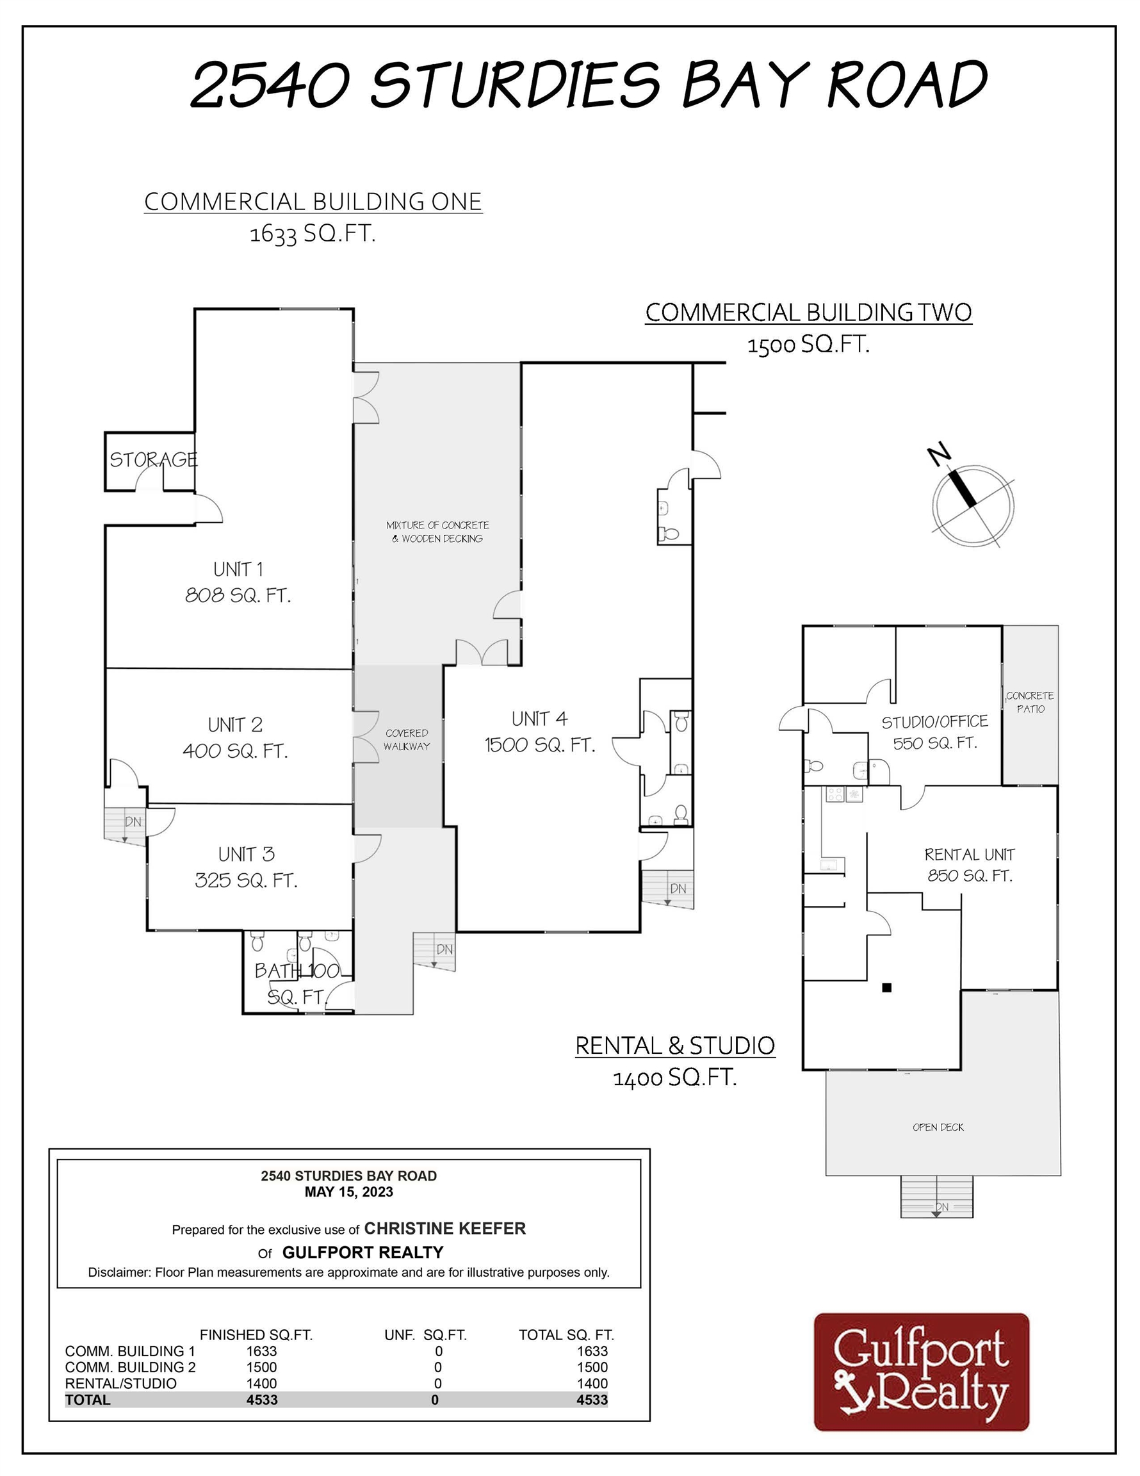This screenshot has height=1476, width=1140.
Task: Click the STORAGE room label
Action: [154, 459]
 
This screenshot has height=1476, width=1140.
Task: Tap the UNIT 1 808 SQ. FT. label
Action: [238, 582]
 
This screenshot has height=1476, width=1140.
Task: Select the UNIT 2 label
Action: [235, 725]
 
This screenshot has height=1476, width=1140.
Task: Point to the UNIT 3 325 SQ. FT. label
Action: [246, 867]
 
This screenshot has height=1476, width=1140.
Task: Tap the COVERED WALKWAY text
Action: [406, 739]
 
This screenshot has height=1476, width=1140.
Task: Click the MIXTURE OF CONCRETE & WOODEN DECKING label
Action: [437, 532]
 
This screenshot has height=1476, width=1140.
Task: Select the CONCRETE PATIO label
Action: [1030, 701]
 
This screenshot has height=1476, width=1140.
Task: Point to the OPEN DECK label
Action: [938, 1127]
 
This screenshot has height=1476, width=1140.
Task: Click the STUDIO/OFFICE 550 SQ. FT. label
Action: [934, 732]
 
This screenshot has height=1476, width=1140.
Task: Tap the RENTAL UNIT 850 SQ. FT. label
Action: [969, 865]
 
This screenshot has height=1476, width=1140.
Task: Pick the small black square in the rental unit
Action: [886, 987]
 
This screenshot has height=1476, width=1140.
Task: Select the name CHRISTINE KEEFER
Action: [444, 1229]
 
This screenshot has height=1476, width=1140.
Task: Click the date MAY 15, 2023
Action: [348, 1192]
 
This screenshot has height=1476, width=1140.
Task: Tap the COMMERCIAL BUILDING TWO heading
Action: [808, 312]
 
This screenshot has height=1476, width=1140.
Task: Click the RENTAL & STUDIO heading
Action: [674, 1045]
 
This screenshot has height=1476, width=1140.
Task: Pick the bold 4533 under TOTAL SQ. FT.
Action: [592, 1400]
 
